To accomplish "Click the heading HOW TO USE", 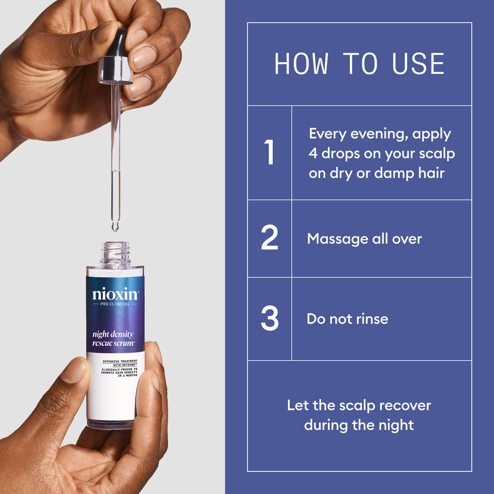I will point(359,64).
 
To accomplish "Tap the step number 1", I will point(269,153).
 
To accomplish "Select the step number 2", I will point(269,239).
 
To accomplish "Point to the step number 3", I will point(269,319).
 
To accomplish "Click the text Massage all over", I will point(365,239).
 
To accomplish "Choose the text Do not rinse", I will point(347,319).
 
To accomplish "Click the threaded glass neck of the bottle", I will point(115,253).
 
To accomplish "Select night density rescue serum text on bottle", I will point(113,338).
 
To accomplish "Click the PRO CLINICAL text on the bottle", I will point(115,304).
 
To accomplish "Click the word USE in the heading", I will point(418,64).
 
